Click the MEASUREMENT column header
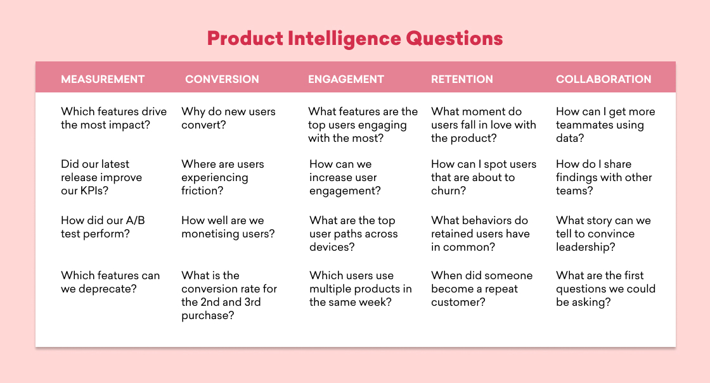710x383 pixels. click(103, 79)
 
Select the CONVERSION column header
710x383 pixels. click(222, 79)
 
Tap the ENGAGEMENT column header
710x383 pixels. click(346, 79)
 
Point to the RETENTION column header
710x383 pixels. click(462, 79)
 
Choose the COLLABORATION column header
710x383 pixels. click(603, 79)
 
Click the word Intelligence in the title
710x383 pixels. click(344, 39)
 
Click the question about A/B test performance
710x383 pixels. click(103, 227)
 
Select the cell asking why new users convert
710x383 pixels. click(228, 118)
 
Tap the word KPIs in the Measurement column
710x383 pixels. click(94, 191)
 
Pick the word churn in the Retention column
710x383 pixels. click(448, 191)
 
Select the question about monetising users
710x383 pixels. click(228, 227)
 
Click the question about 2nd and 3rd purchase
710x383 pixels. click(229, 295)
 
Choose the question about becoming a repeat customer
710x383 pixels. click(482, 289)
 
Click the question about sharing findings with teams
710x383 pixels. click(604, 177)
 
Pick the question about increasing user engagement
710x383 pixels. click(345, 177)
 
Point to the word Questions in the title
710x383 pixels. click(454, 39)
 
